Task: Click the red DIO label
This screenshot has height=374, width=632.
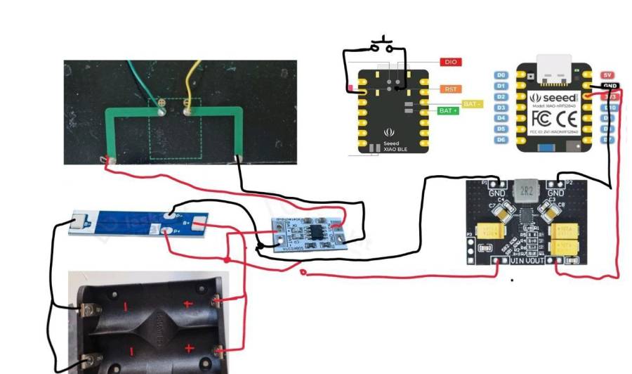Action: point(449,62)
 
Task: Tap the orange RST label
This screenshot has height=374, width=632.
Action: point(449,89)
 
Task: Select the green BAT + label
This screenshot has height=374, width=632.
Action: point(448,111)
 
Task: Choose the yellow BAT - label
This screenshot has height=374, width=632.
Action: point(471,103)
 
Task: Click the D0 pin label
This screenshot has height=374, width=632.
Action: point(501,75)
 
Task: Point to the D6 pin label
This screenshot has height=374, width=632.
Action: point(501,140)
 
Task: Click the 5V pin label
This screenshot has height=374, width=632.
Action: point(608,75)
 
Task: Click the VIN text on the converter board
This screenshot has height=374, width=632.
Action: point(518,261)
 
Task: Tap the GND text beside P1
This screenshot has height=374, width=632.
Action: point(497,191)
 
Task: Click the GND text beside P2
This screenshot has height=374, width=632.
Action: point(555,191)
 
